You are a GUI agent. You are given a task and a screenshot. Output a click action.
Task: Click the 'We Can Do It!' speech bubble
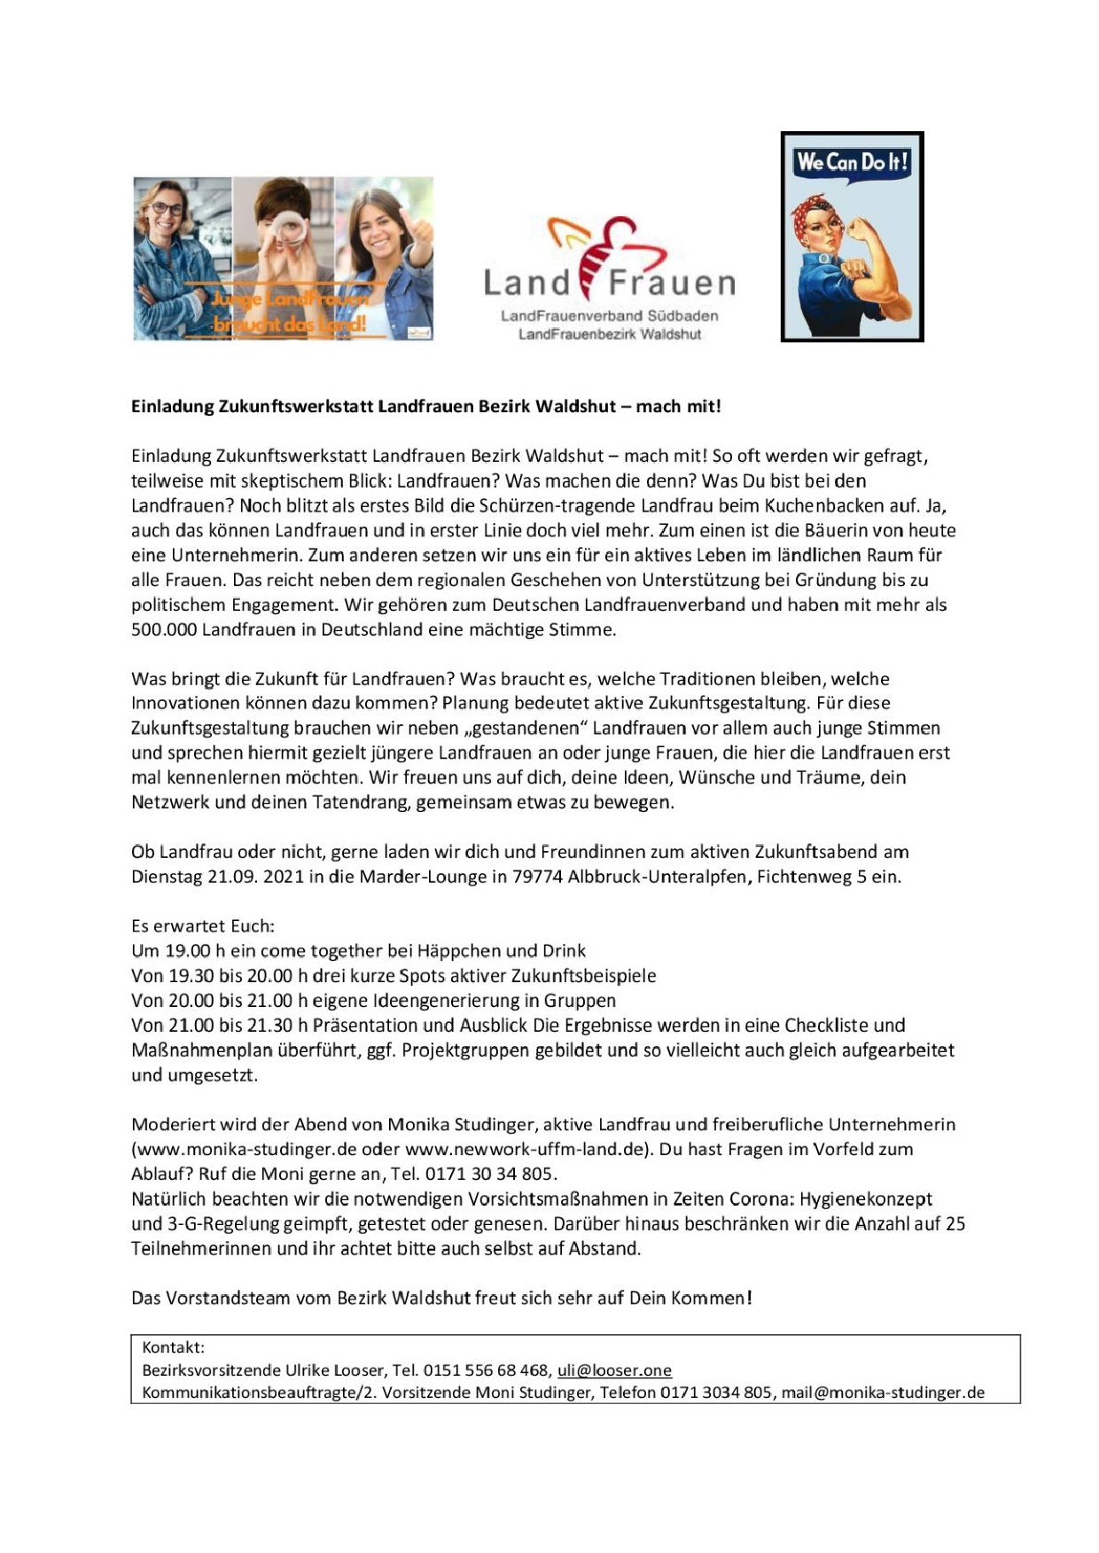(x=852, y=163)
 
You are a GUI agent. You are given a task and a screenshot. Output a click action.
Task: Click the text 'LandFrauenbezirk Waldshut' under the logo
(x=609, y=334)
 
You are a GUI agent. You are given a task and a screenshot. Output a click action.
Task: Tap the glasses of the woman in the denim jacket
(x=167, y=209)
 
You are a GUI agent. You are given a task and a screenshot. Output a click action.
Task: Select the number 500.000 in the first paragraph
(x=164, y=630)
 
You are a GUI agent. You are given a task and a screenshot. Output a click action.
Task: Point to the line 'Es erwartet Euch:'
(x=203, y=926)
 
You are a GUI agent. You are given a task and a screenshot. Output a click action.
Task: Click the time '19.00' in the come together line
(x=188, y=951)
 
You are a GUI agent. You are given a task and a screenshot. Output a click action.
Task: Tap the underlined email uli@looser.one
(x=614, y=1370)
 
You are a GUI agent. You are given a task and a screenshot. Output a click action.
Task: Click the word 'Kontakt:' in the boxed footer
(x=173, y=1347)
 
